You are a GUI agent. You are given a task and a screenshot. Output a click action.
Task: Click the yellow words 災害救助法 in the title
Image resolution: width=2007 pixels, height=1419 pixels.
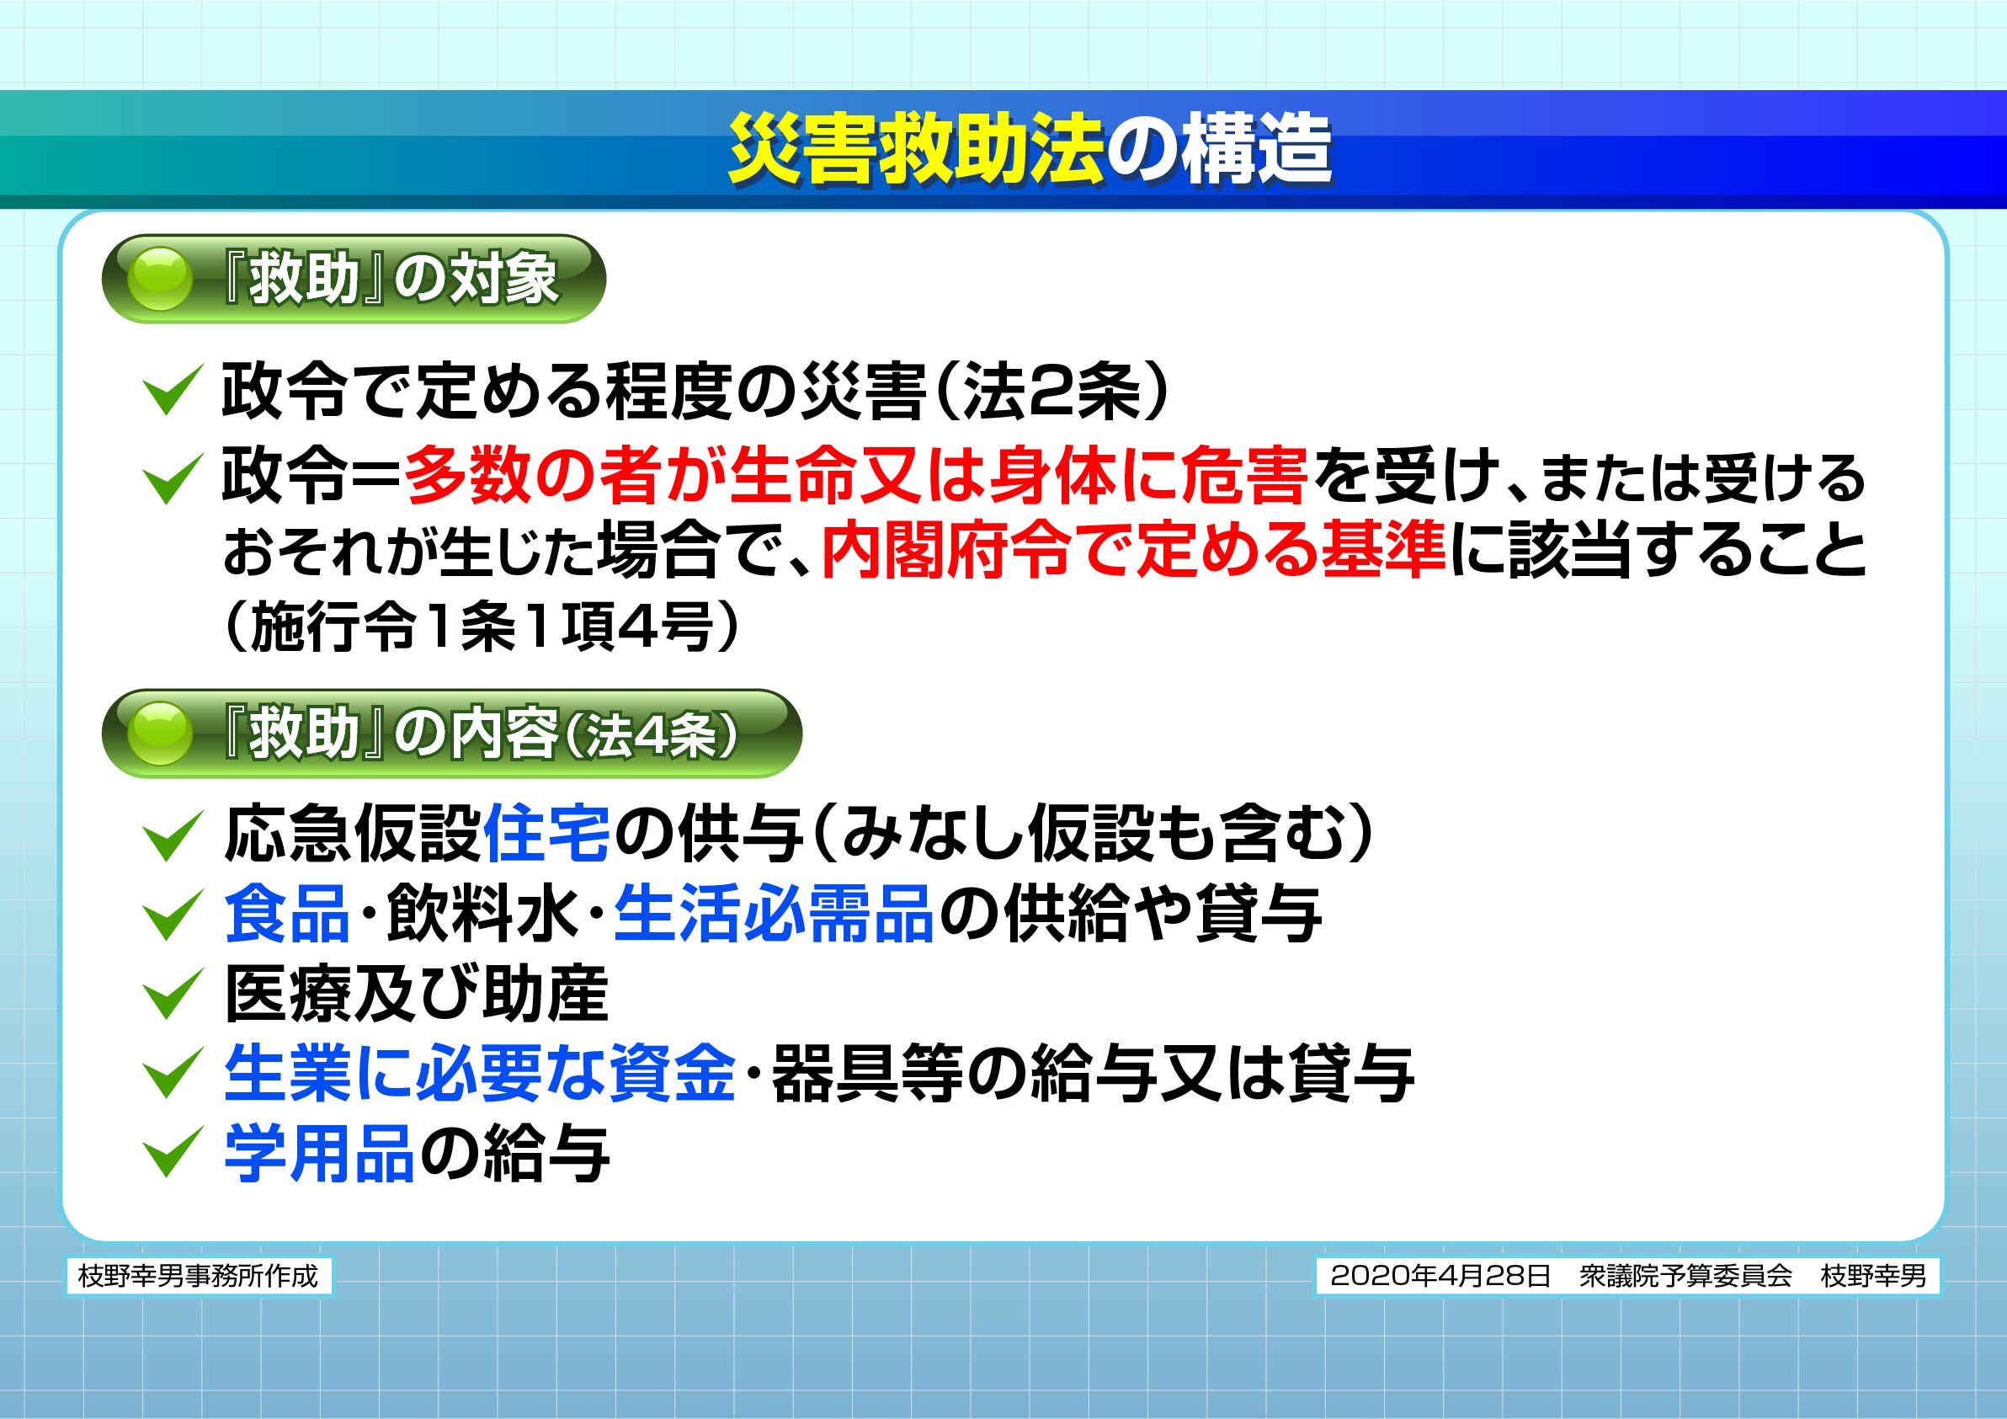pos(916,150)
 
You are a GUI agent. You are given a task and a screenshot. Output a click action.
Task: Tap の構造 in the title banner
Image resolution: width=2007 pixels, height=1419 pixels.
pos(1219,150)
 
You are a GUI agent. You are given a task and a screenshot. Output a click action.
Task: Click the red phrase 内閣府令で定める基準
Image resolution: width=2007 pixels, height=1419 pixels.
pos(1133,550)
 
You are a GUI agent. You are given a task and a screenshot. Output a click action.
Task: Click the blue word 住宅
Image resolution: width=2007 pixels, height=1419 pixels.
pos(546,834)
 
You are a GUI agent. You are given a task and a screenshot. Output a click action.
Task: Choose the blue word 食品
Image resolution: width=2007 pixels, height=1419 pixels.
pos(288,913)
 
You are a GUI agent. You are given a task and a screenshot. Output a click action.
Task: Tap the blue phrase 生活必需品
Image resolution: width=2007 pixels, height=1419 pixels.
pos(774,913)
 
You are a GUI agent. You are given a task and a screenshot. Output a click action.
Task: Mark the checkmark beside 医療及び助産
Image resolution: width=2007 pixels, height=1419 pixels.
pos(173,994)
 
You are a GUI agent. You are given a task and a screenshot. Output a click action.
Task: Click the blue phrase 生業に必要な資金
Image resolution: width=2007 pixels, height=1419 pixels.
pos(480,1074)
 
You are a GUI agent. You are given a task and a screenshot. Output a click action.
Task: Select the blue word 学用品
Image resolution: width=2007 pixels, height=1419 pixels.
pos(319,1153)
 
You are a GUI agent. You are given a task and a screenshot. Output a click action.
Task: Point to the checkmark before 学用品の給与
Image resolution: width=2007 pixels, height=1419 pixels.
pos(173,1152)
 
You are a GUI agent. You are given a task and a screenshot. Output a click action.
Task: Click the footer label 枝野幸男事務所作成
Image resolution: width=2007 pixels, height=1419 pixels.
pos(199,1276)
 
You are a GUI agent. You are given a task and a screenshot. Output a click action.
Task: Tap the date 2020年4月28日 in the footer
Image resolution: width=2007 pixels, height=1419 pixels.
pos(1440,1276)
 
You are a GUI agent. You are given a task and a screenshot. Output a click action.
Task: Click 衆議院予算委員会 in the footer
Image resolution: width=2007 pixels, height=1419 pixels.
pos(1686,1276)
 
